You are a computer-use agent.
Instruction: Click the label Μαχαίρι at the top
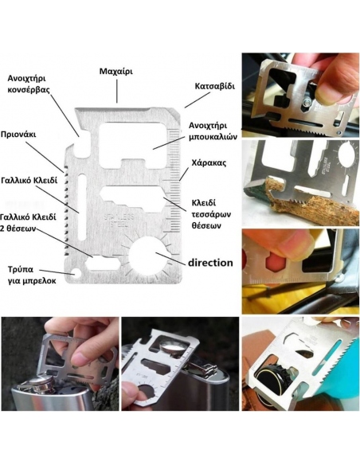(x=115, y=71)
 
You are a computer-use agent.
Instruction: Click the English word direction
(x=210, y=262)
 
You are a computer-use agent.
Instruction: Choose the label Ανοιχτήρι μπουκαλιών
(x=209, y=131)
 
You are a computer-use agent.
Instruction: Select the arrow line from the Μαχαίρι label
(x=116, y=91)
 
